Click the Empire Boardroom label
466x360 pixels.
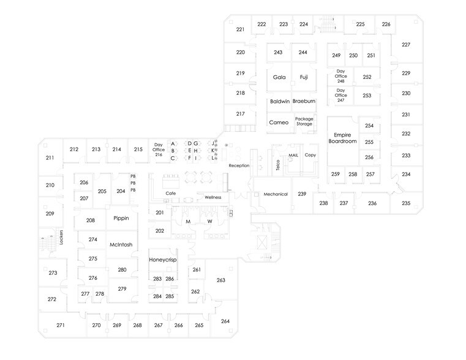tap(342, 138)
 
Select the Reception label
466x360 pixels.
tap(238, 166)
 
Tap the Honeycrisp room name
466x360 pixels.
tap(162, 260)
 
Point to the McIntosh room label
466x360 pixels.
tap(121, 245)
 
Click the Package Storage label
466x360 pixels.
tap(304, 121)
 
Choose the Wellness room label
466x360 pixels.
tap(212, 197)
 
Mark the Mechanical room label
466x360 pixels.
tap(276, 194)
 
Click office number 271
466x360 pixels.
tap(61, 325)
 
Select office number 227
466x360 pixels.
tap(405, 45)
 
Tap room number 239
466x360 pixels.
tap(302, 193)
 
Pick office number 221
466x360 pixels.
tap(241, 29)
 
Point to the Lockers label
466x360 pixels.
tap(62, 238)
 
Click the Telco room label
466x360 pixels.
tap(277, 164)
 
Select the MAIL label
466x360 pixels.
tap(293, 156)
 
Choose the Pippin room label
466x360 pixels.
tap(121, 218)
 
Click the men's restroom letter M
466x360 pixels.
tap(189, 221)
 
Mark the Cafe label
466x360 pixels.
tap(171, 193)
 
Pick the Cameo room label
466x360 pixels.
tap(279, 122)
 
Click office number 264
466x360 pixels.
tap(225, 321)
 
